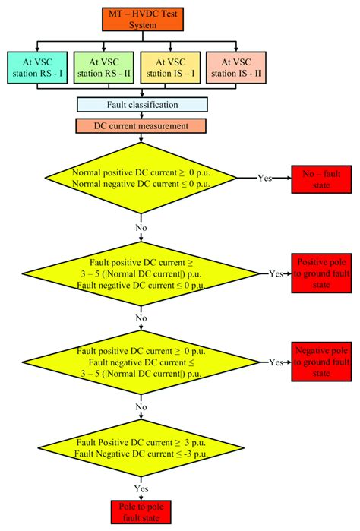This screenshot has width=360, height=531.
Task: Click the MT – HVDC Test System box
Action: point(141,17)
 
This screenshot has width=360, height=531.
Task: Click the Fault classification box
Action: point(141,105)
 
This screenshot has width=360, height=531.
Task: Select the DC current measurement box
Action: point(141,125)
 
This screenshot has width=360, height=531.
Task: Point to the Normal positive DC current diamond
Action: point(141,179)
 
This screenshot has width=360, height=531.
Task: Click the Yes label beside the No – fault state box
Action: point(266,179)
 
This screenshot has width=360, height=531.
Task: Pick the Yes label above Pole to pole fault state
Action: point(141,488)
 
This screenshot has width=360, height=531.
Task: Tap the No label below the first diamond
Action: point(141,226)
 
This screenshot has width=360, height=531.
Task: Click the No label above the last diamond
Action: point(141,406)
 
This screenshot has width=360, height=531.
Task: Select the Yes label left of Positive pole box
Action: point(278,273)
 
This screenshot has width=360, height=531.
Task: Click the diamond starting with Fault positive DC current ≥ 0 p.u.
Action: point(141,362)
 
